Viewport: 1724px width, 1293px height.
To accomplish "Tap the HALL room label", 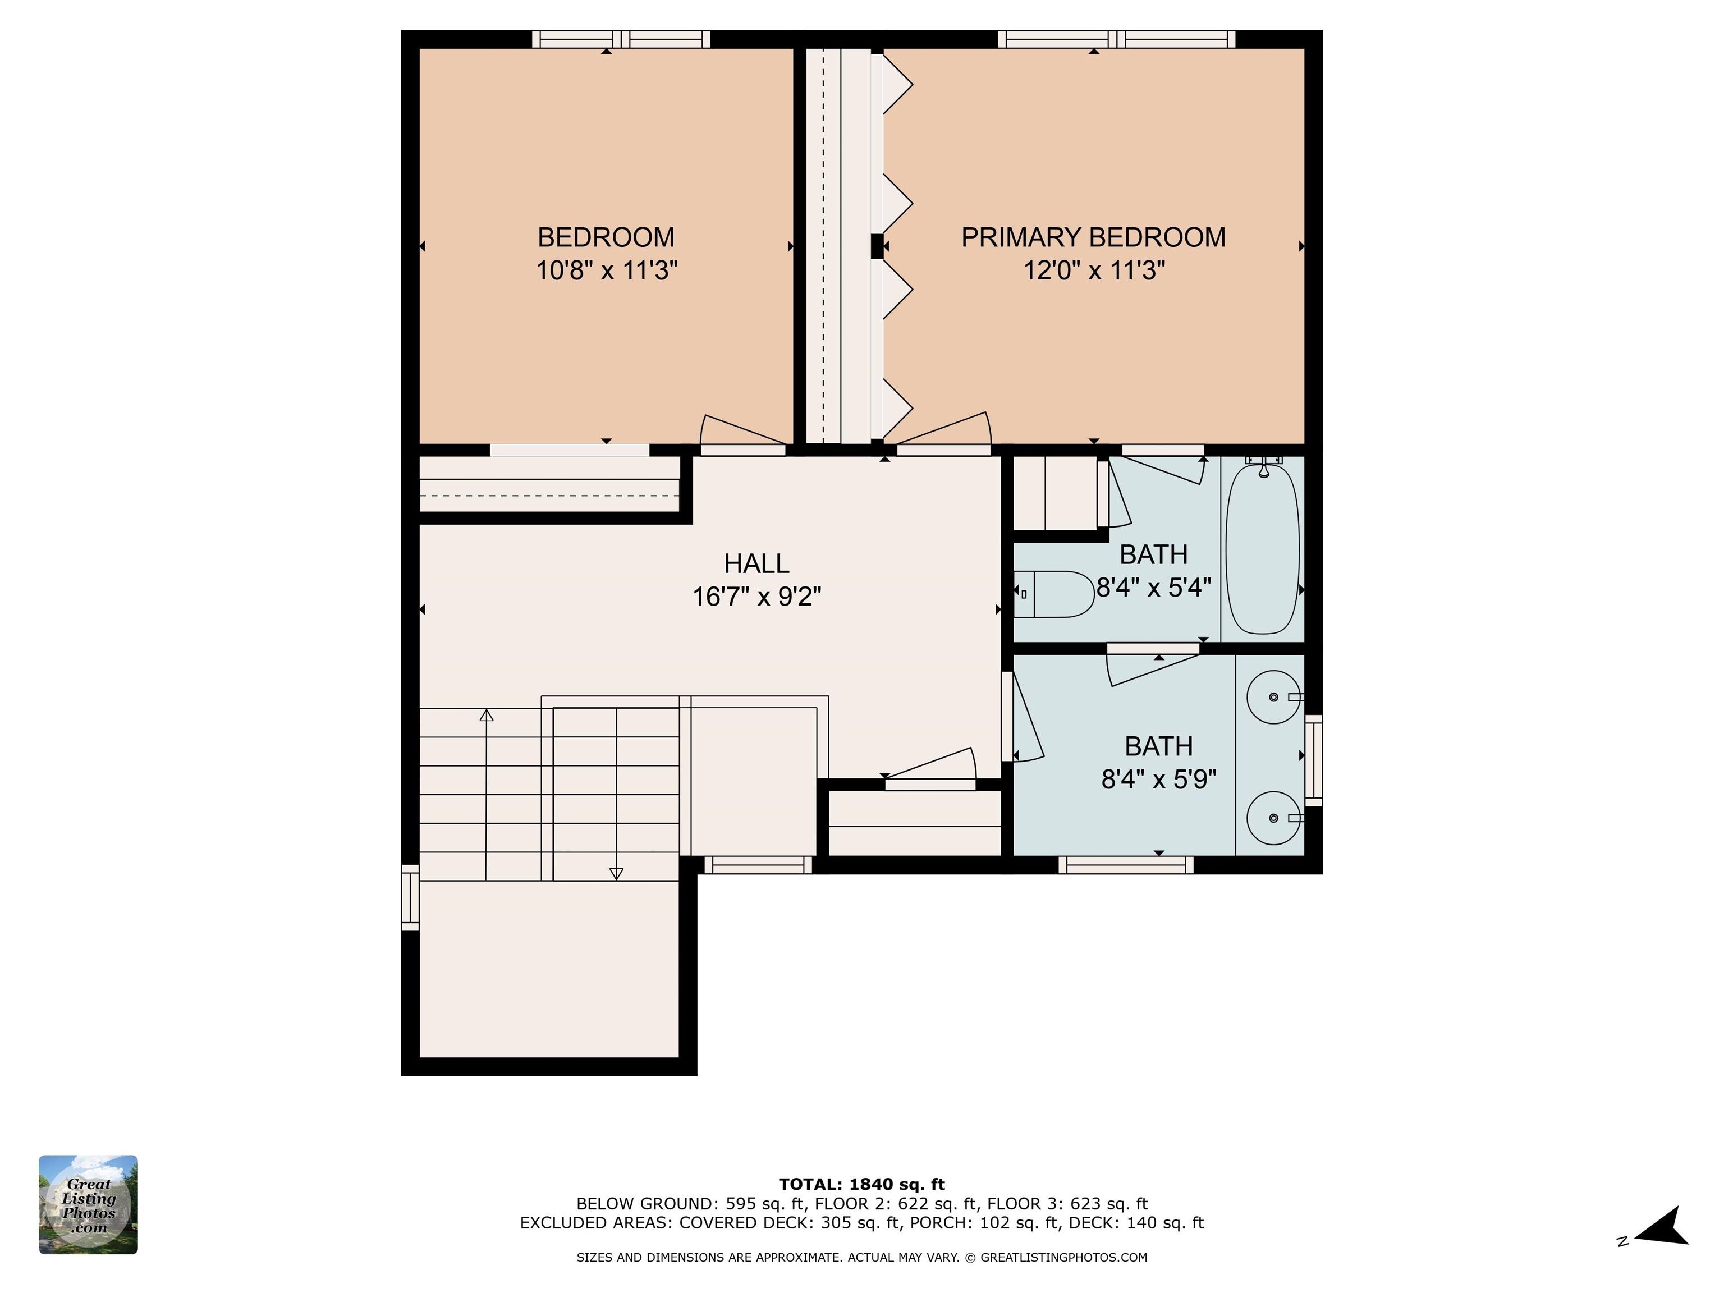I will pyautogui.click(x=756, y=563).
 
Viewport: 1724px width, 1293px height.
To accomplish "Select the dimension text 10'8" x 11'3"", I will pyautogui.click(x=606, y=271).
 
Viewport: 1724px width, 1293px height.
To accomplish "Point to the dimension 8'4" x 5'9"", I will pyautogui.click(x=1158, y=780).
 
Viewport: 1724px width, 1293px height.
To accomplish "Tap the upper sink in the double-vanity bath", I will pyautogui.click(x=1273, y=697).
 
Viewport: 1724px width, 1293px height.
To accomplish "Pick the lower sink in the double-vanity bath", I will pyautogui.click(x=1273, y=818).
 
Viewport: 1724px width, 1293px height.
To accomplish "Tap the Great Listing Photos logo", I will pyautogui.click(x=88, y=1204).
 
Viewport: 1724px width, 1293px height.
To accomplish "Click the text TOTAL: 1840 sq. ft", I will pyautogui.click(x=861, y=1185).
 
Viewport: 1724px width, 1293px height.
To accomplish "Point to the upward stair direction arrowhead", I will pyautogui.click(x=487, y=715).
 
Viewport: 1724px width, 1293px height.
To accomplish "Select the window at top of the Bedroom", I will pyautogui.click(x=621, y=39).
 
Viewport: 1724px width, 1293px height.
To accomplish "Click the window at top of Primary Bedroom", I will pyautogui.click(x=1116, y=39).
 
